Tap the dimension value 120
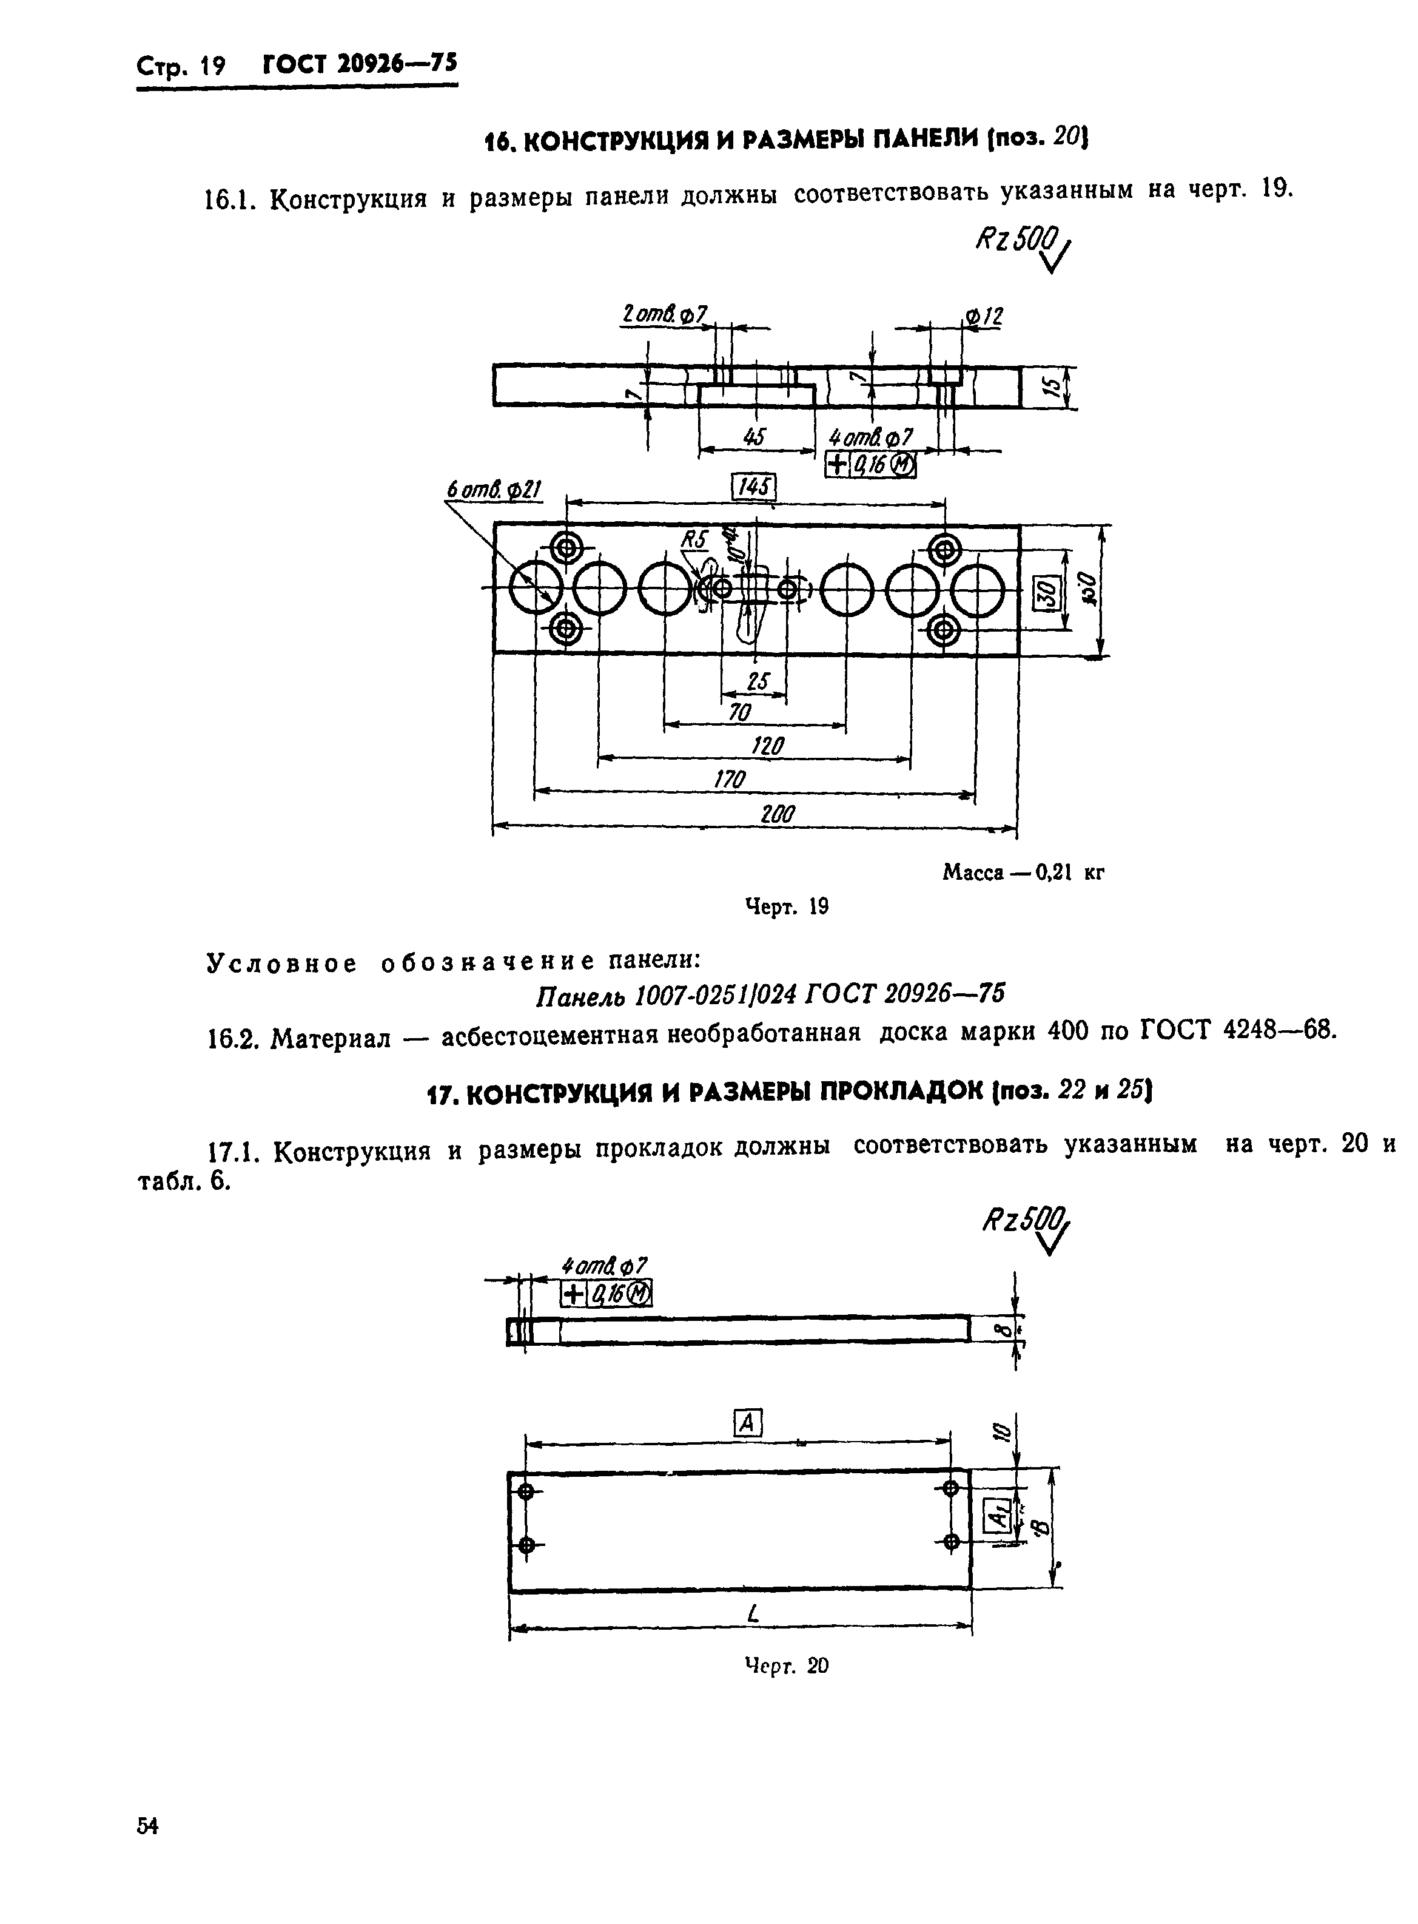pyautogui.click(x=767, y=746)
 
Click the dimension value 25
pyautogui.click(x=757, y=682)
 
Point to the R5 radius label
pyautogui.click(x=694, y=539)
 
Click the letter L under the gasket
pyautogui.click(x=753, y=1615)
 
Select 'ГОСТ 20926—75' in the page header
pyautogui.click(x=360, y=66)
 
